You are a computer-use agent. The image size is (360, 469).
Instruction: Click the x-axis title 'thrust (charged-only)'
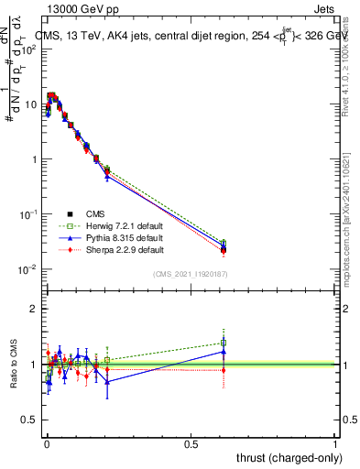point(286,457)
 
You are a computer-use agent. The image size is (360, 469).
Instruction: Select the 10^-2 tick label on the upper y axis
point(30,269)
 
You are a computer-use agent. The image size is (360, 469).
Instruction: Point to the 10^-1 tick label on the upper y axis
point(30,214)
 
